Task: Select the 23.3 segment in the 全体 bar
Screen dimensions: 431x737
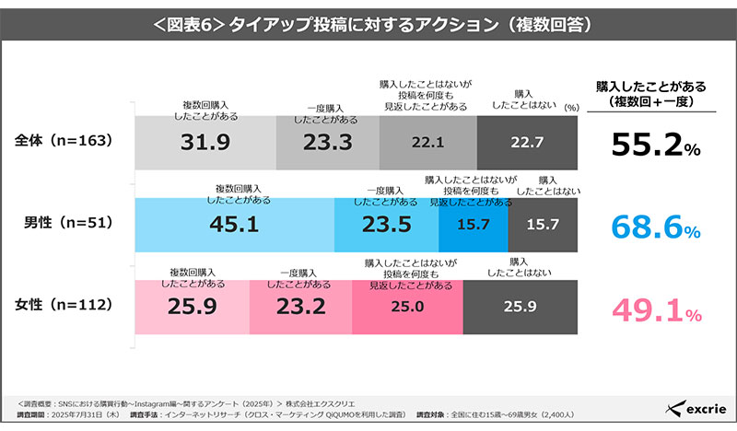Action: (x=328, y=143)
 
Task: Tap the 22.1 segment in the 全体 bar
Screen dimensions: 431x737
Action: (x=428, y=143)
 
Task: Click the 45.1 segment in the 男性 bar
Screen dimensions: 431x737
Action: (x=236, y=225)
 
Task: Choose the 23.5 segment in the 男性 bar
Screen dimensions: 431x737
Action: (x=387, y=225)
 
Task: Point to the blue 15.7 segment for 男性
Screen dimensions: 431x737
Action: (x=474, y=225)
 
